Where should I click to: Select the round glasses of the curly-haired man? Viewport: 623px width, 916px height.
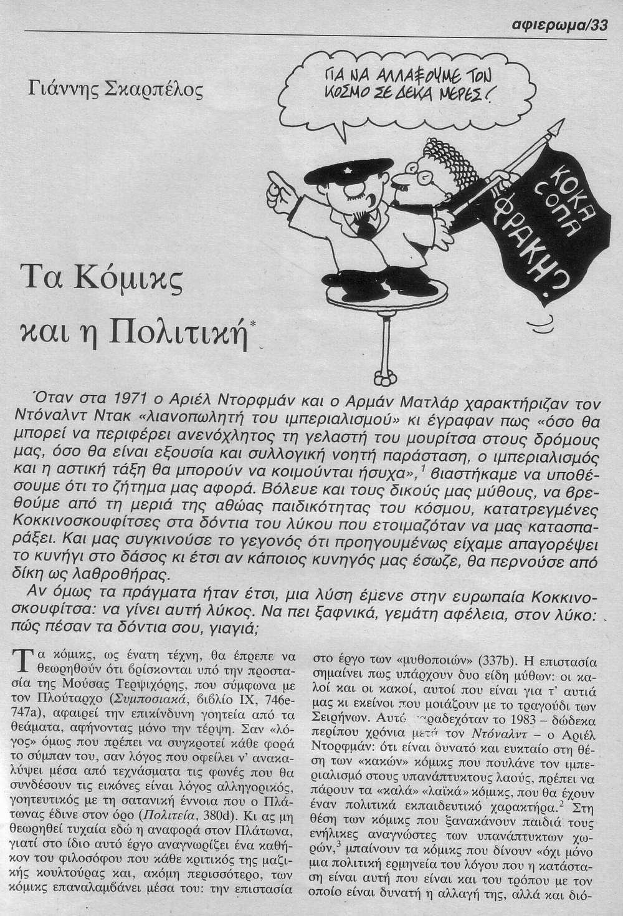pyautogui.click(x=413, y=183)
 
